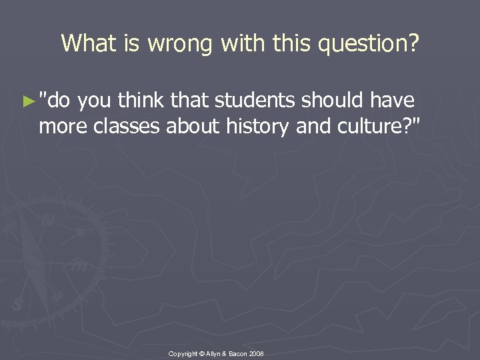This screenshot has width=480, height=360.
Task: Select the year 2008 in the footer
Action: [x=256, y=351]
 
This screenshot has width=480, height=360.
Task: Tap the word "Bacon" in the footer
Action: [x=236, y=351]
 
